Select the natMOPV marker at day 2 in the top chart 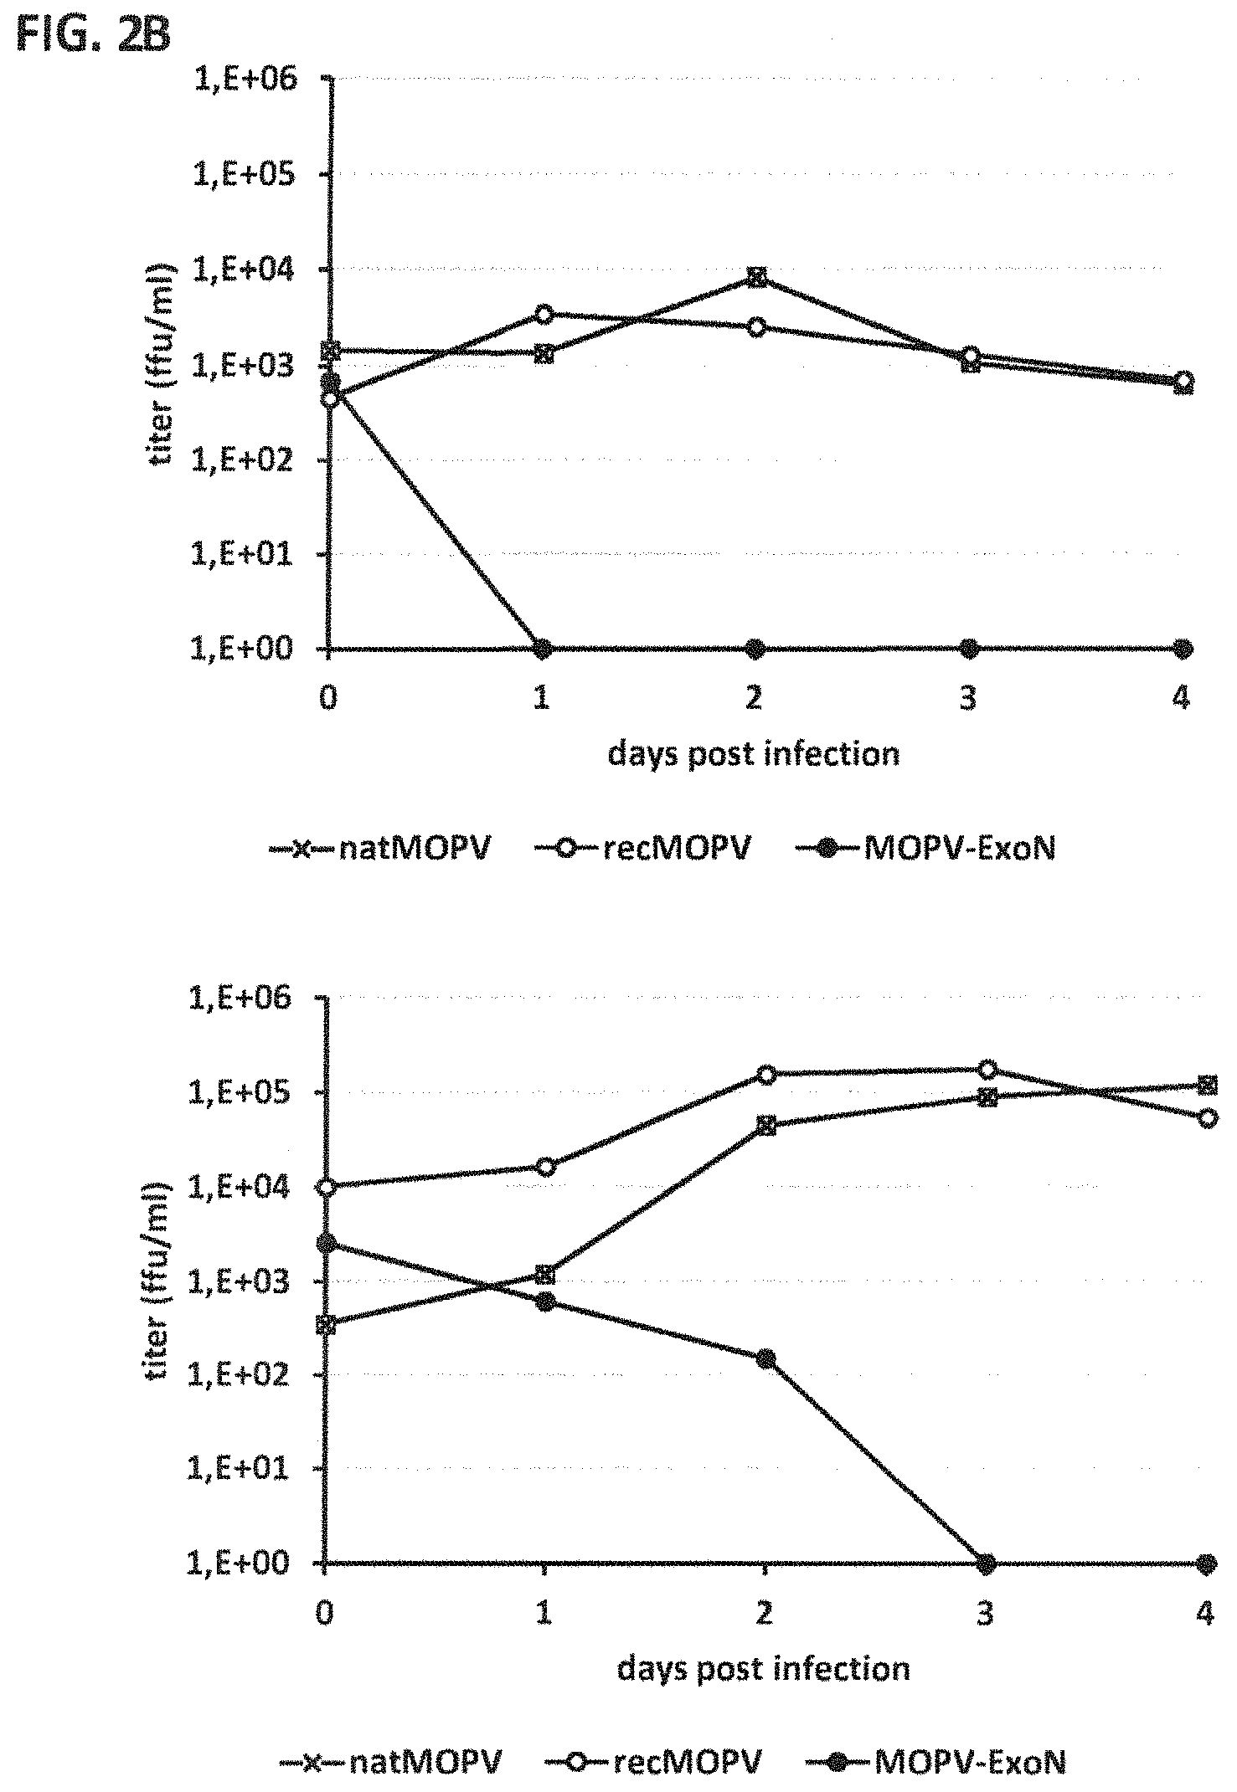point(756,278)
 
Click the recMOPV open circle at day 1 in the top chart point(544,314)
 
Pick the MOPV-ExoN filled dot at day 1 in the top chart point(543,649)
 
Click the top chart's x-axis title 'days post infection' point(753,754)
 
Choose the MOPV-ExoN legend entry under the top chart point(925,849)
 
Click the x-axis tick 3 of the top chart point(969,698)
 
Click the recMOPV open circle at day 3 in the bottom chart point(987,1069)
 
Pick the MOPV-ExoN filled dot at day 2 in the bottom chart point(765,1358)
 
